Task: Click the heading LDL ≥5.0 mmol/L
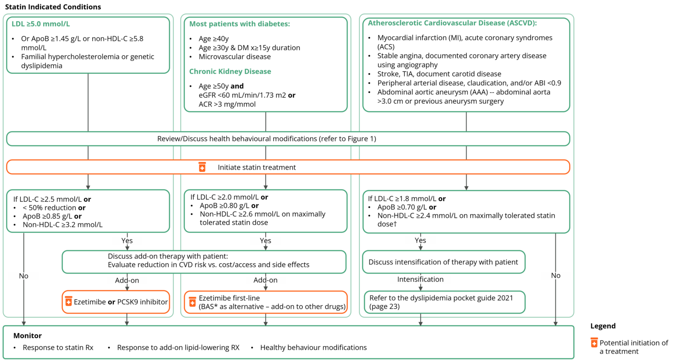click(41, 24)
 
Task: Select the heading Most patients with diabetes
click(239, 24)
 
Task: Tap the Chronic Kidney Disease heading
click(230, 72)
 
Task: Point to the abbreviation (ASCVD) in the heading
click(522, 23)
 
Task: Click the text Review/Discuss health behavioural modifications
click(267, 139)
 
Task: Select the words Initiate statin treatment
click(256, 167)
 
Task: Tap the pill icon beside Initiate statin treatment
click(202, 167)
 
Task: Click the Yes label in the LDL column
click(127, 241)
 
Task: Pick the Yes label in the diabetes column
click(265, 241)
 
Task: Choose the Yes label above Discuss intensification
click(420, 240)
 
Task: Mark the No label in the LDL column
click(24, 276)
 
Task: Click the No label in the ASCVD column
click(556, 276)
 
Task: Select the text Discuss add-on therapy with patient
click(168, 256)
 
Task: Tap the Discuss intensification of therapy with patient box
click(443, 262)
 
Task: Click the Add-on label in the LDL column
click(127, 280)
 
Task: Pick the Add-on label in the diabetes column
click(265, 280)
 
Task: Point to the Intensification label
click(420, 279)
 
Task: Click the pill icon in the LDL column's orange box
click(69, 301)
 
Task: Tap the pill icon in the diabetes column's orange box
click(192, 302)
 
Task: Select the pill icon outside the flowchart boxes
click(594, 342)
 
